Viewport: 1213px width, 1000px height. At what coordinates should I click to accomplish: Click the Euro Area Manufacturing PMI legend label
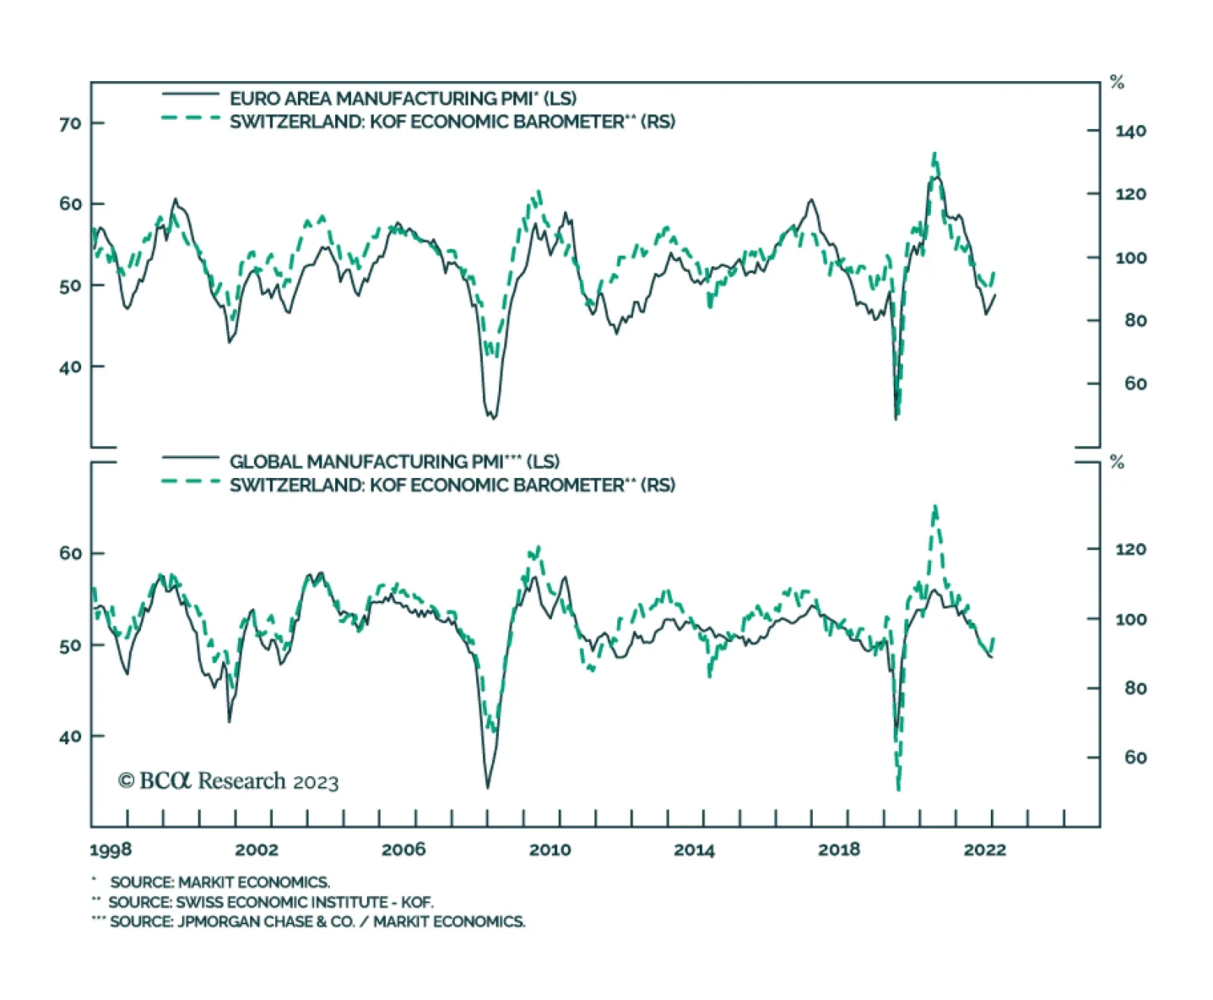click(x=403, y=99)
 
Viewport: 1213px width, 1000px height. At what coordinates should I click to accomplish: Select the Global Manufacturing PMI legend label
click(x=394, y=461)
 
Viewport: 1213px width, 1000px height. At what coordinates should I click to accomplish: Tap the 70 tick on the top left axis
click(x=70, y=124)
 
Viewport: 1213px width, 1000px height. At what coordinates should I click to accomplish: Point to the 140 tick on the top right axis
click(x=1130, y=131)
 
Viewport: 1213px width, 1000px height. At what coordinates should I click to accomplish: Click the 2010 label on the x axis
click(x=550, y=850)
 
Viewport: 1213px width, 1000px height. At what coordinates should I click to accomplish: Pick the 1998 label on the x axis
click(x=111, y=850)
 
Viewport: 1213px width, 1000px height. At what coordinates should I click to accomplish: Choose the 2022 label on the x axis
click(x=985, y=850)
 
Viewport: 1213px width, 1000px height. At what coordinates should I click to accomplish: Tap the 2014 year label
click(x=694, y=850)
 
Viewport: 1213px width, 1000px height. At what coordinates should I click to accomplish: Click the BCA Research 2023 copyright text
click(x=228, y=781)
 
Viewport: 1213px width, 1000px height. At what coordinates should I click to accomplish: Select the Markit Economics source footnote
click(x=220, y=882)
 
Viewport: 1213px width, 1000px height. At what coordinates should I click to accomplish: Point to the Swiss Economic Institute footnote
click(x=271, y=902)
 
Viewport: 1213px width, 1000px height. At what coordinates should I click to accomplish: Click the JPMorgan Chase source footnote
click(x=317, y=922)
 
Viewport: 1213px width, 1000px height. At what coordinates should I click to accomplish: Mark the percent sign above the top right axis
click(x=1117, y=83)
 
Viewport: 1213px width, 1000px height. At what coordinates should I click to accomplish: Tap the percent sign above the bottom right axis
click(x=1117, y=462)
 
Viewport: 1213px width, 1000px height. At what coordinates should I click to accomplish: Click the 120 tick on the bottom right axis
click(x=1130, y=549)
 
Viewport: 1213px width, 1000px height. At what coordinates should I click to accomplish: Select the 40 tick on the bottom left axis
click(x=70, y=737)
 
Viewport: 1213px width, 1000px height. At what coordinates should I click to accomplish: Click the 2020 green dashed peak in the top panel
click(x=935, y=155)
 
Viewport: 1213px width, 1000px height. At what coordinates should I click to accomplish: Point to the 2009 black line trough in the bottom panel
click(x=487, y=786)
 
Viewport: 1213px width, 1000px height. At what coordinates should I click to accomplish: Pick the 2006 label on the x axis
click(x=403, y=850)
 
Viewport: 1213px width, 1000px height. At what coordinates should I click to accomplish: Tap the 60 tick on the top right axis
click(x=1135, y=384)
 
